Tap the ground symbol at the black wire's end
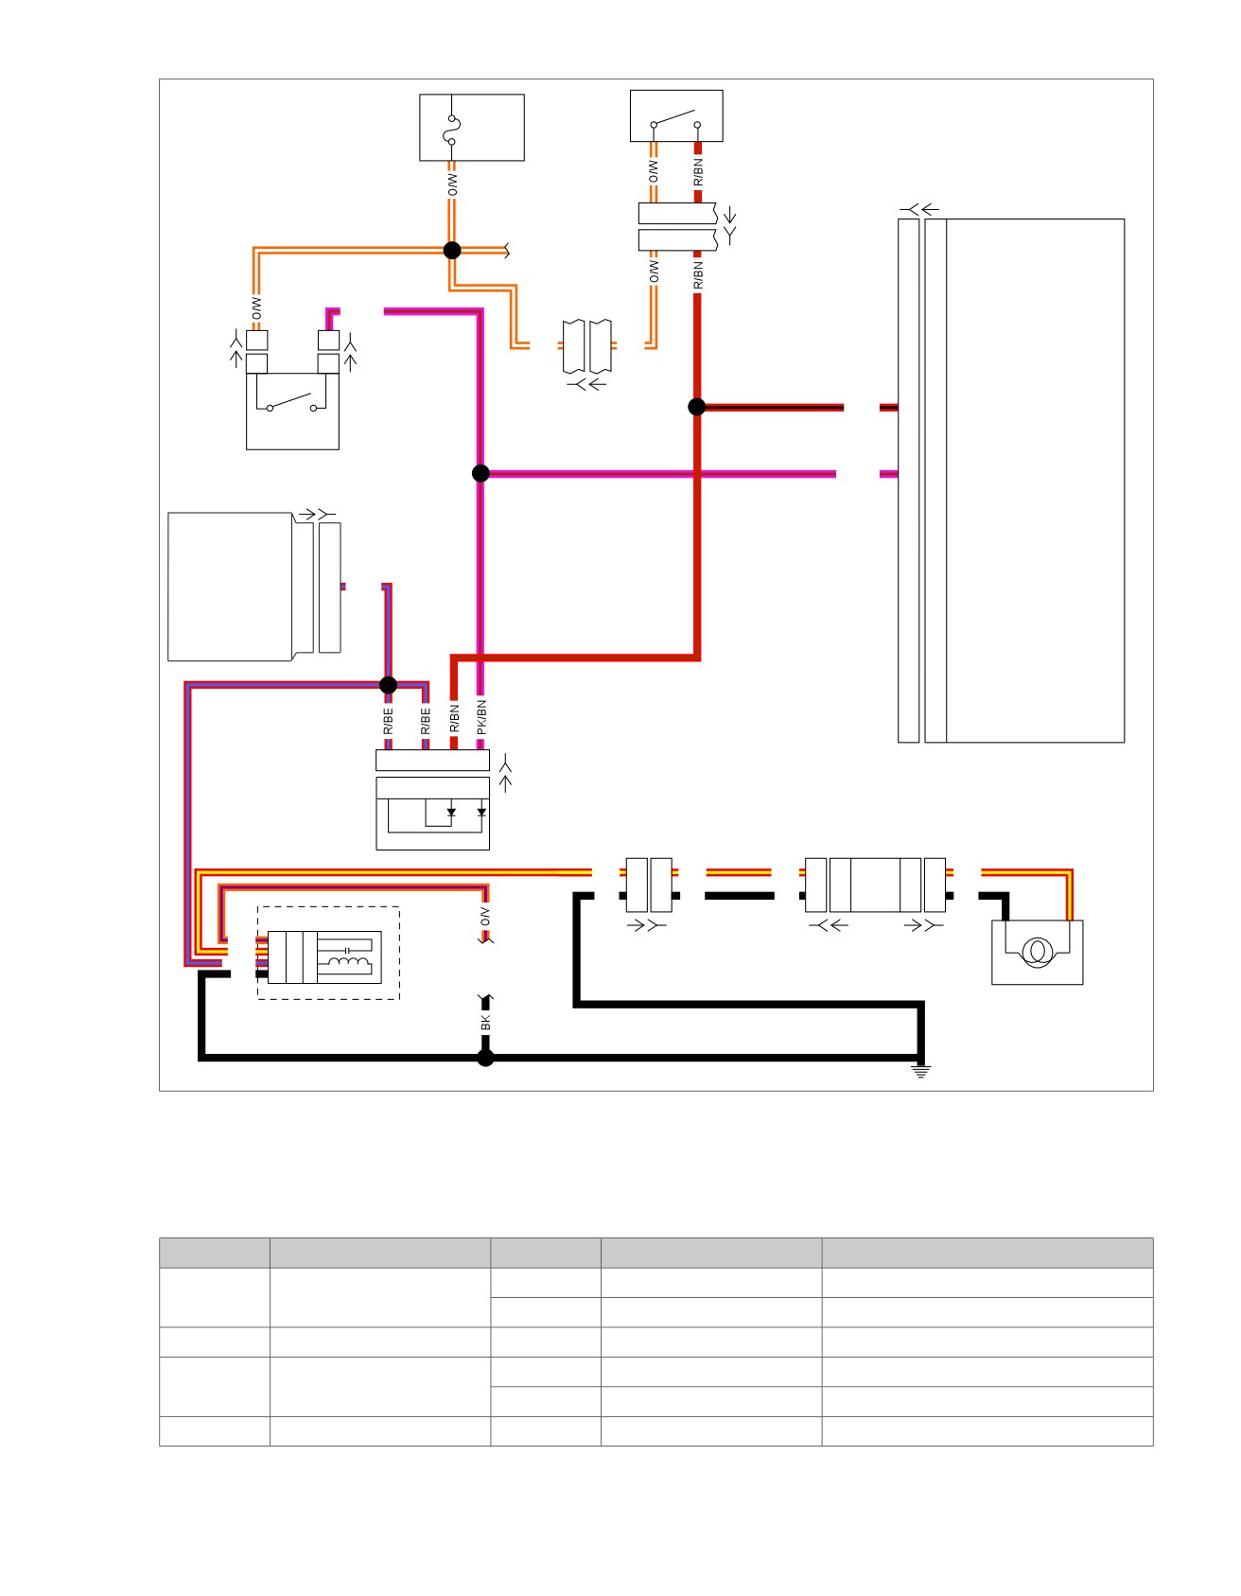[x=921, y=1071]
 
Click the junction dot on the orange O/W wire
[x=452, y=251]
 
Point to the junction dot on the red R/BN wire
[x=697, y=407]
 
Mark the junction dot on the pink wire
[x=481, y=473]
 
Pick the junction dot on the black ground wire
[x=485, y=1058]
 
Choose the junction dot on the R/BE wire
[x=388, y=685]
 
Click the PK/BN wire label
[x=481, y=717]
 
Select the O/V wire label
[x=485, y=916]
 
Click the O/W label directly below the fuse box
[x=452, y=184]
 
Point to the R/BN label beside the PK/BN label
[x=454, y=718]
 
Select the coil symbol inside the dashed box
[x=348, y=964]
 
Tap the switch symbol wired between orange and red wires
[x=675, y=121]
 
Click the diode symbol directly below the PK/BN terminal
[x=481, y=812]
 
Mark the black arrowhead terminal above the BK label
[x=486, y=1002]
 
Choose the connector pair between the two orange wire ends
[x=586, y=346]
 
